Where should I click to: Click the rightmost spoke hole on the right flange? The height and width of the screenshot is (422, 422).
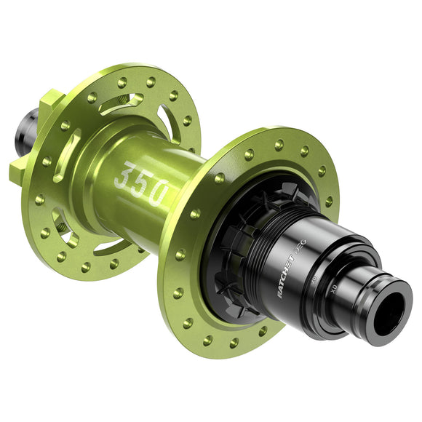(331, 201)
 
